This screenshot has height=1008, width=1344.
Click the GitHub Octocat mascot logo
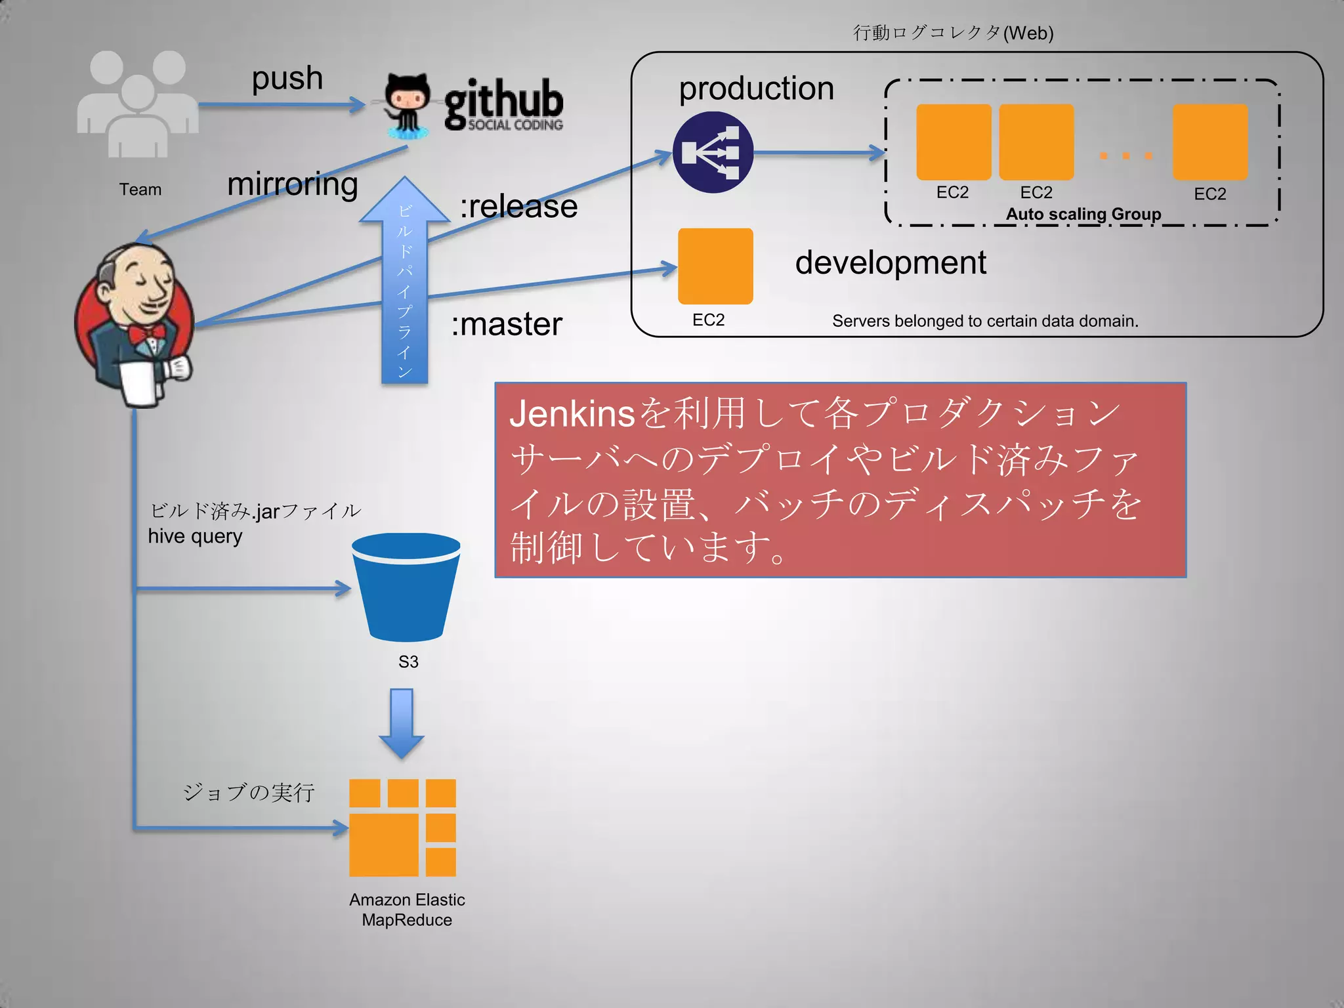click(x=408, y=105)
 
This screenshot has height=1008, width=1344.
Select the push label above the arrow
click(x=287, y=78)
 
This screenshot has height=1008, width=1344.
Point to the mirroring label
click(x=293, y=184)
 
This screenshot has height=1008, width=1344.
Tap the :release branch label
click(x=518, y=206)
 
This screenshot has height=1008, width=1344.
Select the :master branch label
click(x=507, y=324)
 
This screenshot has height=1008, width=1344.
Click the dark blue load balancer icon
click(x=713, y=152)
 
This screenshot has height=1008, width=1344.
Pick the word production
click(x=756, y=89)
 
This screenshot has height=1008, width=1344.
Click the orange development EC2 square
click(x=715, y=266)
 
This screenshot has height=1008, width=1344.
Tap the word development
click(x=891, y=262)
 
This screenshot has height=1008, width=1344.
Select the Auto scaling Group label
click(x=1083, y=214)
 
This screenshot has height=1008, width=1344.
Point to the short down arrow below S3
click(x=402, y=723)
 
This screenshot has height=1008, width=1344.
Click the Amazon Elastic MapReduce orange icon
click(x=402, y=828)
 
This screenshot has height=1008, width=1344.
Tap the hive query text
click(x=195, y=536)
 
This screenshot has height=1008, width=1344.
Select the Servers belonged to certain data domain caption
click(x=985, y=321)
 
